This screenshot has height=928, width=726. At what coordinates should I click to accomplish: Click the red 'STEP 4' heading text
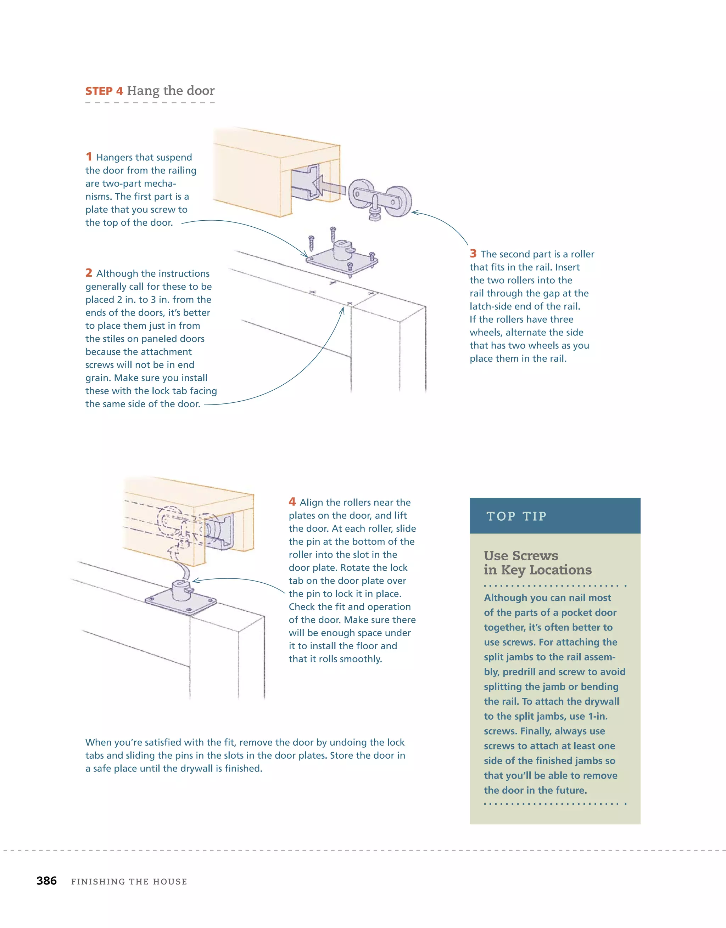104,91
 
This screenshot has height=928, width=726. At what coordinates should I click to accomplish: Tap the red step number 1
89,157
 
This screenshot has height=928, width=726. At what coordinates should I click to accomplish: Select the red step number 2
89,273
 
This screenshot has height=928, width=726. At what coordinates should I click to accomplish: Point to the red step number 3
473,254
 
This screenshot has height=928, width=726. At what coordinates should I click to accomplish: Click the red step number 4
292,502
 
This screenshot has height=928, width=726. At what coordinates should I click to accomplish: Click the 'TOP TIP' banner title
516,516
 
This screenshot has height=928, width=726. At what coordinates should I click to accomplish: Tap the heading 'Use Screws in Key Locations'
538,562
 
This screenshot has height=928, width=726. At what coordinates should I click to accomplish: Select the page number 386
46,881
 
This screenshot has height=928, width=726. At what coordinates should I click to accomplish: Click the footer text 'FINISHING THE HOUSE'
129,882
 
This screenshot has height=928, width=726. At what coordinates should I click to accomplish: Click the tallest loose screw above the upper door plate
333,234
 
